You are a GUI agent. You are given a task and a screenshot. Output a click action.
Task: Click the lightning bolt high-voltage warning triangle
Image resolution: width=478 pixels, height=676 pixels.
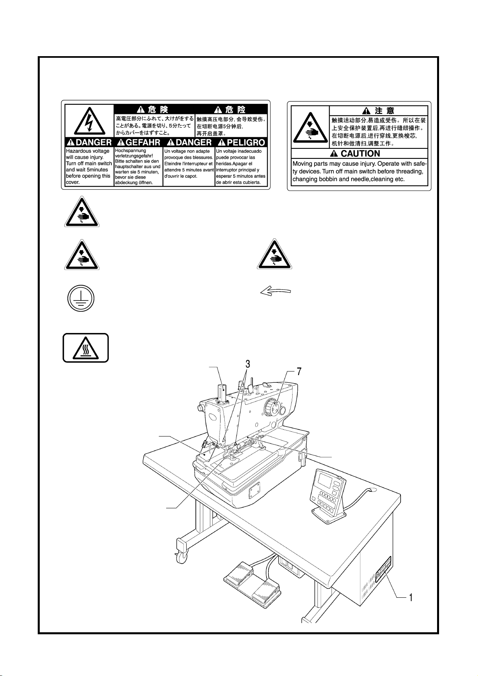89,121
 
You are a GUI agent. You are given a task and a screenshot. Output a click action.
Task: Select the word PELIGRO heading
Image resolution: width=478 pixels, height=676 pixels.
246,142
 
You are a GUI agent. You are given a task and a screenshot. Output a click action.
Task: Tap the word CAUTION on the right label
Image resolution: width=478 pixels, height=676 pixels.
360,154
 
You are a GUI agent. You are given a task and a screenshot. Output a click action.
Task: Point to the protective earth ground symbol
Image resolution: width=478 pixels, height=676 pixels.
81,298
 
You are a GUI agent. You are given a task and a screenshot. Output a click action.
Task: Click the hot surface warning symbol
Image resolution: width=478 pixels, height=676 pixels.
85,348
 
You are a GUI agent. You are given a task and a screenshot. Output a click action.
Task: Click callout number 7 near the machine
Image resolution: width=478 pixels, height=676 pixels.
299,371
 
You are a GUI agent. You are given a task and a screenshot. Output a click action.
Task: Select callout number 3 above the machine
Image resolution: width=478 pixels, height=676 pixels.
248,364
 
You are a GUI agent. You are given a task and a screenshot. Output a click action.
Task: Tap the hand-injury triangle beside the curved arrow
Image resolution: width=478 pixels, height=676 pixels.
274,254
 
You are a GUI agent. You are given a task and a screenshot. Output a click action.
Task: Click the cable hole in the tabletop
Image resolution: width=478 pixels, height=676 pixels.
372,490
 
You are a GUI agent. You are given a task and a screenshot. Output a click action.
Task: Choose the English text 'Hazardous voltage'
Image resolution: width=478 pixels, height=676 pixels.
87,151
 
